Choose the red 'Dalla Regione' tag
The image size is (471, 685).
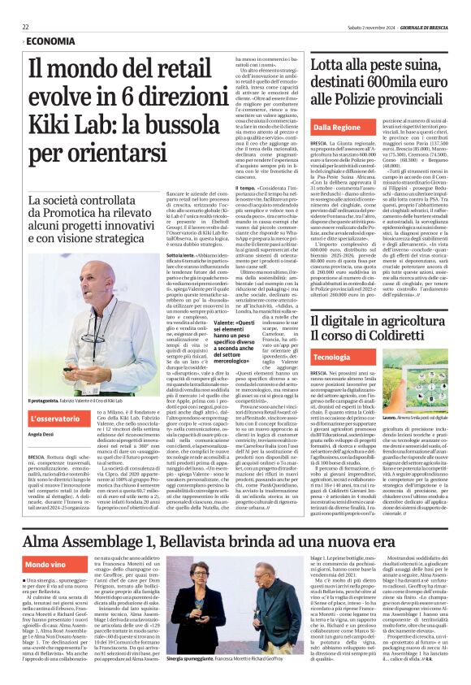click(x=338, y=128)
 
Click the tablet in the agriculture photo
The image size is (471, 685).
click(x=422, y=390)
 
